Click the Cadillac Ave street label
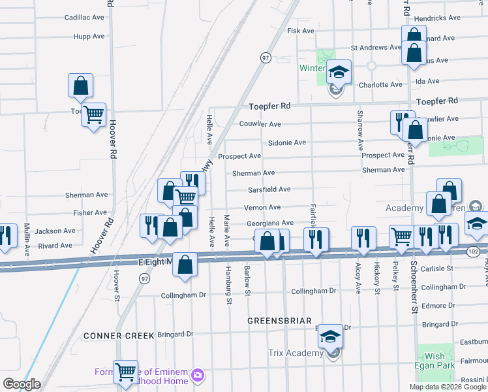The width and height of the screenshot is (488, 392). point(84,18)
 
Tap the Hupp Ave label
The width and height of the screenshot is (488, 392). point(89,37)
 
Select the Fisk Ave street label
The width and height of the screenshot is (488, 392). point(301,31)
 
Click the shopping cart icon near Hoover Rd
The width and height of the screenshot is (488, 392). point(94,114)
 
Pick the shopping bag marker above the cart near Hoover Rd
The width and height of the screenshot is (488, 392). point(80,85)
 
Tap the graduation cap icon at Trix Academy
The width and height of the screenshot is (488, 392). point(330,336)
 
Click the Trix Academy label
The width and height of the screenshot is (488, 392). point(295,353)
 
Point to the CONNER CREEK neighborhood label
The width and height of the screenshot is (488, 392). point(118,335)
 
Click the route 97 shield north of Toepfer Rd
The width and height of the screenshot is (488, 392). point(266,57)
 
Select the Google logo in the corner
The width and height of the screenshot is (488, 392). point(22,384)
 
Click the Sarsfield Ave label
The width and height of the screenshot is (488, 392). point(269,189)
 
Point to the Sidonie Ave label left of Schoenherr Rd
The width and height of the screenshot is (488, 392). point(286,142)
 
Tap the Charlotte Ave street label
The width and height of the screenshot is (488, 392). point(380,85)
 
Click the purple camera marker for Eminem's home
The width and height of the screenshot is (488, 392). point(197,375)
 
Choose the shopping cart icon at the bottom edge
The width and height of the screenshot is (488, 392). point(125,372)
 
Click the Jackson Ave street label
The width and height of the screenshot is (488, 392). point(55,231)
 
